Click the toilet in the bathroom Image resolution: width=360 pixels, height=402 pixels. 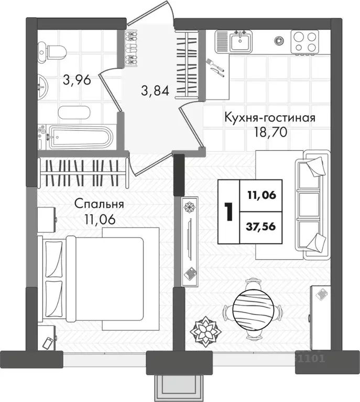[54, 51]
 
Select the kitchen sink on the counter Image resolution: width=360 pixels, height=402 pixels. [241, 41]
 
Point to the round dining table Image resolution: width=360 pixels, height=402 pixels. [253, 308]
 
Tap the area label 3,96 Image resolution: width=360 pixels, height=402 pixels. [77, 80]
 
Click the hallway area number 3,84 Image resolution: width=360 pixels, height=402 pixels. [155, 91]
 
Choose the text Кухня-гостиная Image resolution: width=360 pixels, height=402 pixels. [270, 116]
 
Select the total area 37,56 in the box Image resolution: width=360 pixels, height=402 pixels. [260, 227]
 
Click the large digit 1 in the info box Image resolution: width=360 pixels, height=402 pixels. [227, 211]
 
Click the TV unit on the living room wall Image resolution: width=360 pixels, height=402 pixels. [190, 240]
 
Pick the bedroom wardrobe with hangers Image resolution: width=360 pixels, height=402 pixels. [84, 171]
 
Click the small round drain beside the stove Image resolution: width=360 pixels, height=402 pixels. [280, 39]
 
